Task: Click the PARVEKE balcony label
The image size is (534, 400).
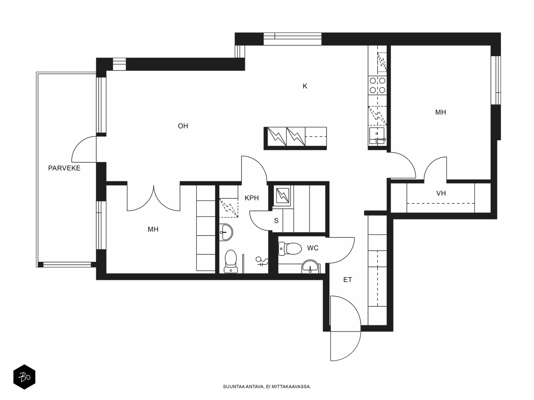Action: point(64,168)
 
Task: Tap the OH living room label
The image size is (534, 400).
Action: point(183,126)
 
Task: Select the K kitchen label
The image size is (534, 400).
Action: point(305,86)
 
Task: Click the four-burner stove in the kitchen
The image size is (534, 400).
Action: point(377,85)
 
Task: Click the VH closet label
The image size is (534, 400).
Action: point(441,193)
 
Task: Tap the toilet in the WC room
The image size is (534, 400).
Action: point(290,249)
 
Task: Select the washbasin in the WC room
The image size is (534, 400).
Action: point(310,267)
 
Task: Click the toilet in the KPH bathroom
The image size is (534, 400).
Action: point(230,261)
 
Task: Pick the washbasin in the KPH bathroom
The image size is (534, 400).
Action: point(227,232)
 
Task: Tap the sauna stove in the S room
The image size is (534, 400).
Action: point(282,196)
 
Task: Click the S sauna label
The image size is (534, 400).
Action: point(276,221)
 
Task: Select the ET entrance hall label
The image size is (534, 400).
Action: point(347,280)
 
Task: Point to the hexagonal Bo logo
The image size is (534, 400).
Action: point(24,377)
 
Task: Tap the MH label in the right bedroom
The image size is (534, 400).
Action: point(440,112)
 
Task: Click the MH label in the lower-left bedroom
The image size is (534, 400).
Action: point(153,229)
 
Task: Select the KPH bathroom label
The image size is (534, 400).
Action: point(252,198)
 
